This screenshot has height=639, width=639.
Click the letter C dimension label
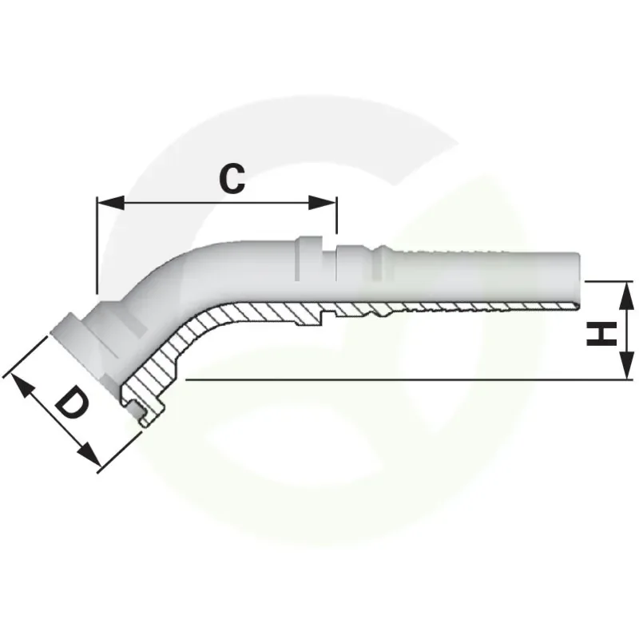pyautogui.click(x=232, y=179)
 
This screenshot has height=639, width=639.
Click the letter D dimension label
pyautogui.click(x=73, y=403)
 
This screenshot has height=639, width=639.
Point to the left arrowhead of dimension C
pyautogui.click(x=111, y=203)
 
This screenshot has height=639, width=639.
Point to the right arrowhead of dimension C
pyautogui.click(x=323, y=203)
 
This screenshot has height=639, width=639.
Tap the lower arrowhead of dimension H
pyautogui.click(x=626, y=365)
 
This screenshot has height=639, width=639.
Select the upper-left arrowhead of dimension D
pyautogui.click(x=21, y=386)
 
